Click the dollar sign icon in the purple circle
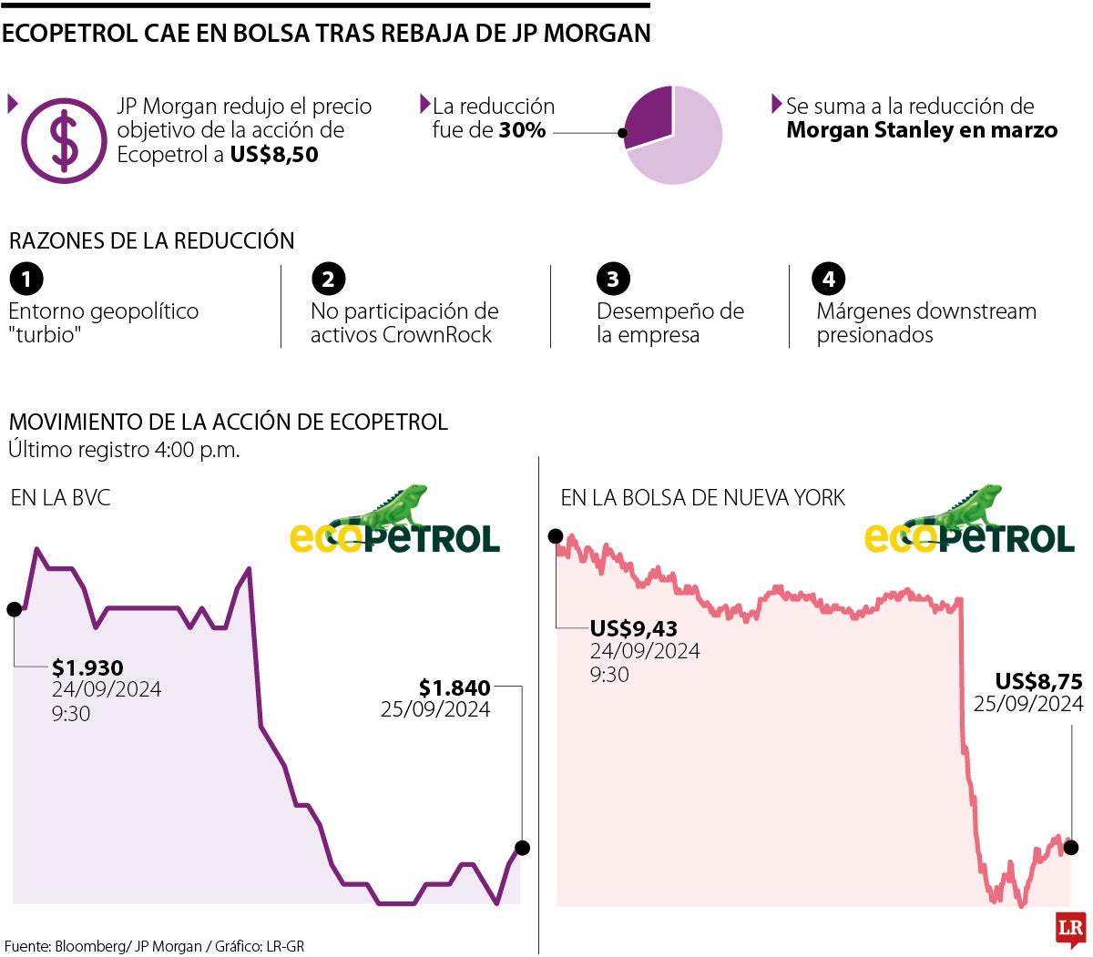(x=64, y=141)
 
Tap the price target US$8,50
(x=274, y=155)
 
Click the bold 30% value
(x=522, y=130)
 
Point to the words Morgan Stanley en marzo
(x=922, y=130)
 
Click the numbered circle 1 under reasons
(x=26, y=279)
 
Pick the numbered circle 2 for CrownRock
(x=328, y=279)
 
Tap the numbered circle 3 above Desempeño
(x=613, y=279)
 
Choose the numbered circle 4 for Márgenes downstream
(x=829, y=279)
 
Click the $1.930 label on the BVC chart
(x=87, y=667)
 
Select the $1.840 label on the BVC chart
(x=455, y=687)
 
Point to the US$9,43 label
(x=633, y=628)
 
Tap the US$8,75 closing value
(x=1038, y=681)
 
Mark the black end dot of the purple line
(x=522, y=848)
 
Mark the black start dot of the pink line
(x=556, y=536)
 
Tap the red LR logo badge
(x=1071, y=929)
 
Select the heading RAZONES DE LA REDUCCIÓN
(x=152, y=241)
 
